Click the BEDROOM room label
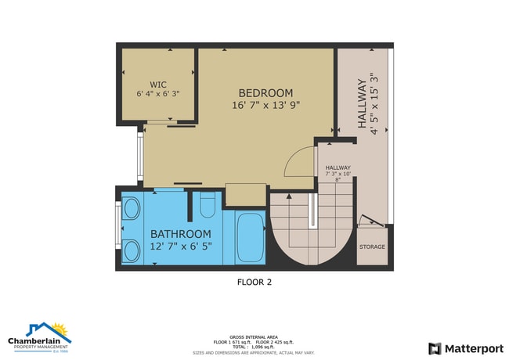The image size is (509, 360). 265,92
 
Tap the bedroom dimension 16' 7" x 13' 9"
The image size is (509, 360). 265,105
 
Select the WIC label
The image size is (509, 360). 157,85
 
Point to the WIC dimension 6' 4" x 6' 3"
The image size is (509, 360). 157,94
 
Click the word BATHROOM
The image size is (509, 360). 181,234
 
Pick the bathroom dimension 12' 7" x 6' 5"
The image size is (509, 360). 181,247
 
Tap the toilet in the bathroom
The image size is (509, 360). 208,207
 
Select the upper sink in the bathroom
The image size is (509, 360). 132,210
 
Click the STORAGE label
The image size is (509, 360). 372,247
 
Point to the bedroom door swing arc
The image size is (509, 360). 298,162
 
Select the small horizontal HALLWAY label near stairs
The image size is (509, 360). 338,167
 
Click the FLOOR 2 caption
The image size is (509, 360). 254,282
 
